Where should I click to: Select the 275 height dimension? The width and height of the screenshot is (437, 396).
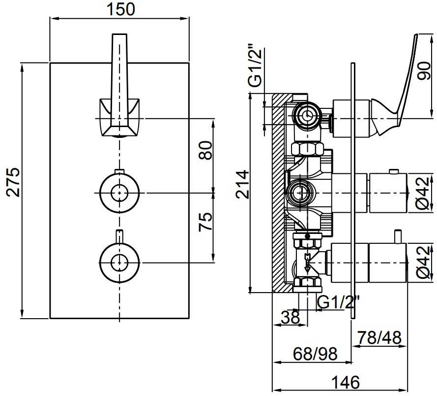(13, 182)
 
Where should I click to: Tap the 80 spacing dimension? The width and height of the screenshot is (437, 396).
(205, 151)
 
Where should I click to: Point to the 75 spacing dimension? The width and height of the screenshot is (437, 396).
(205, 222)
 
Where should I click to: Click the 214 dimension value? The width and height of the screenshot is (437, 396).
(242, 184)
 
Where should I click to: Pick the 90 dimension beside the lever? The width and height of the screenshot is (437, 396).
(426, 71)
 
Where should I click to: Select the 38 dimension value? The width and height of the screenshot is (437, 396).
(291, 317)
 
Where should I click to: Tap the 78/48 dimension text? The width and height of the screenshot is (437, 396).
(379, 337)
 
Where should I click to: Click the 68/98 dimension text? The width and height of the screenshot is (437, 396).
(315, 354)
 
